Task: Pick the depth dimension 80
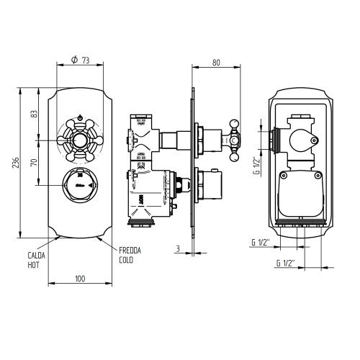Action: coord(216,63)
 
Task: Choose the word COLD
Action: coord(127,260)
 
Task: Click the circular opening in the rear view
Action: coord(302,137)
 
